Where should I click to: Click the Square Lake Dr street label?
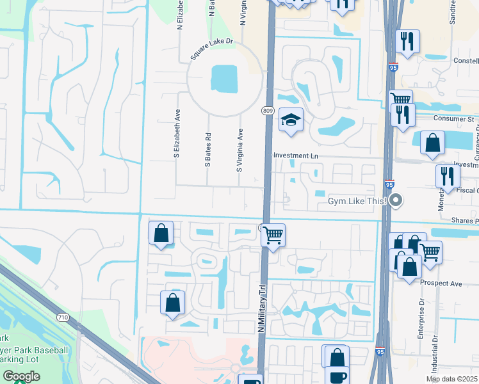point(213,51)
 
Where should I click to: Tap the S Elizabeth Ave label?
point(175,132)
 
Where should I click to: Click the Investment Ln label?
point(295,156)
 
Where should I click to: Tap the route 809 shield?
point(268,111)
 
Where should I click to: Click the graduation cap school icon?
point(291,120)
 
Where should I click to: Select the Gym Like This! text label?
point(357,201)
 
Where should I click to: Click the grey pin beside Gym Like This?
point(396,200)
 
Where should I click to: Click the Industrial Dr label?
point(435,355)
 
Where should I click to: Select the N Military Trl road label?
point(261,308)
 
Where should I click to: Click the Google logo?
point(20,376)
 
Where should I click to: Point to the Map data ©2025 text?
point(451,379)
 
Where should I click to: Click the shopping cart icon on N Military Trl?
point(273,235)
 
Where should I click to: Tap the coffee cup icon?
point(337,376)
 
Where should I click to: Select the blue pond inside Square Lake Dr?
point(222,79)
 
